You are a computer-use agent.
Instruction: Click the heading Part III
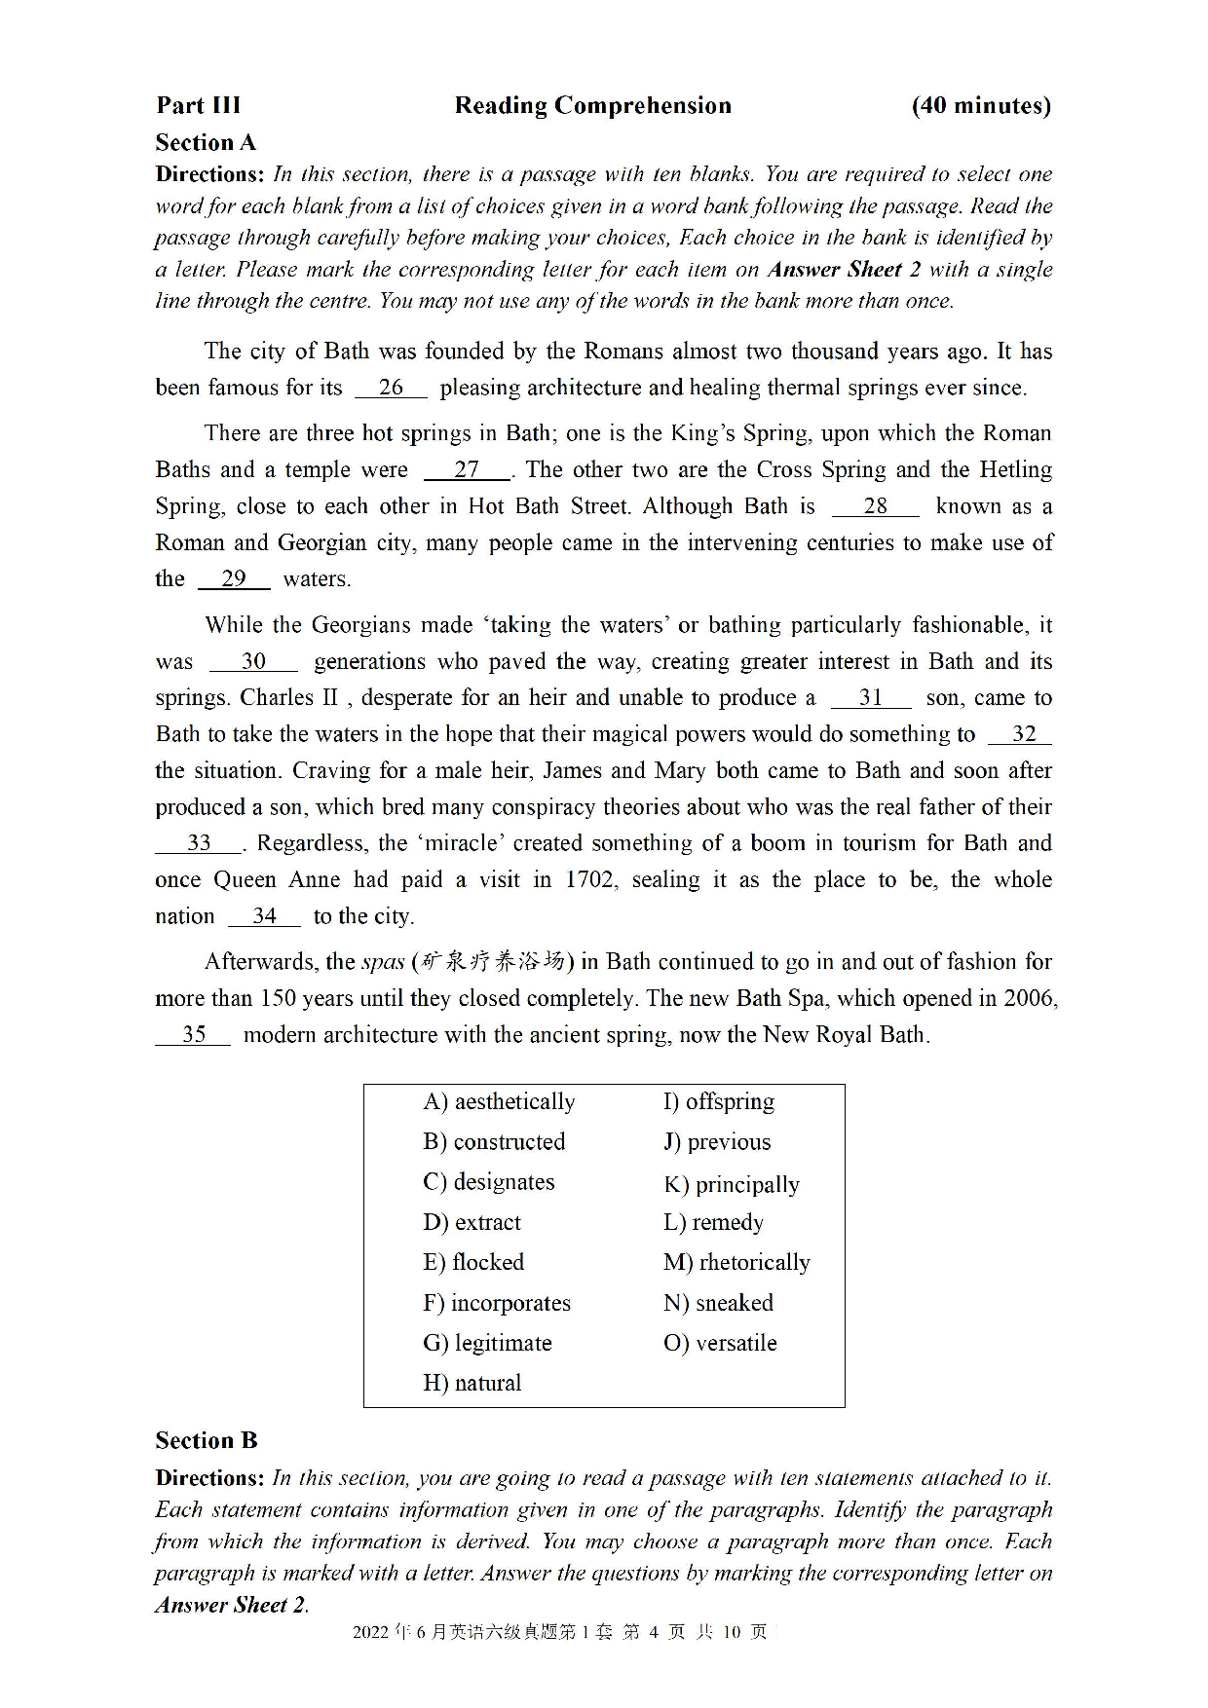[198, 105]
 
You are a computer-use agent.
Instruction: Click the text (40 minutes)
[980, 105]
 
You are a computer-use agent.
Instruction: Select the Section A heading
[206, 143]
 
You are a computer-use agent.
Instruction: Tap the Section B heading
[206, 1440]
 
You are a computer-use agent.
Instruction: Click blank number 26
[391, 388]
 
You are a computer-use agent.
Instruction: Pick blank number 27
[467, 469]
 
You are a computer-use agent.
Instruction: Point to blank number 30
[253, 661]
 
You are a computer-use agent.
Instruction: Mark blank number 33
[199, 843]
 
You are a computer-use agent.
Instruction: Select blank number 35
[193, 1034]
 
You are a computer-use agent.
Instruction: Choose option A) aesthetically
[499, 1101]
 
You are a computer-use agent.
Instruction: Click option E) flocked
[473, 1262]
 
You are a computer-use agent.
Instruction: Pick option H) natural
[472, 1383]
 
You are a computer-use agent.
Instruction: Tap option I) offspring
[719, 1101]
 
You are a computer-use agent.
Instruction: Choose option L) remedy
[713, 1222]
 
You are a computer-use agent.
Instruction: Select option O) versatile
[720, 1343]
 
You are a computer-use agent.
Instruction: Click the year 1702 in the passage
[589, 880]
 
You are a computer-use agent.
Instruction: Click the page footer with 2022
[560, 1632]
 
